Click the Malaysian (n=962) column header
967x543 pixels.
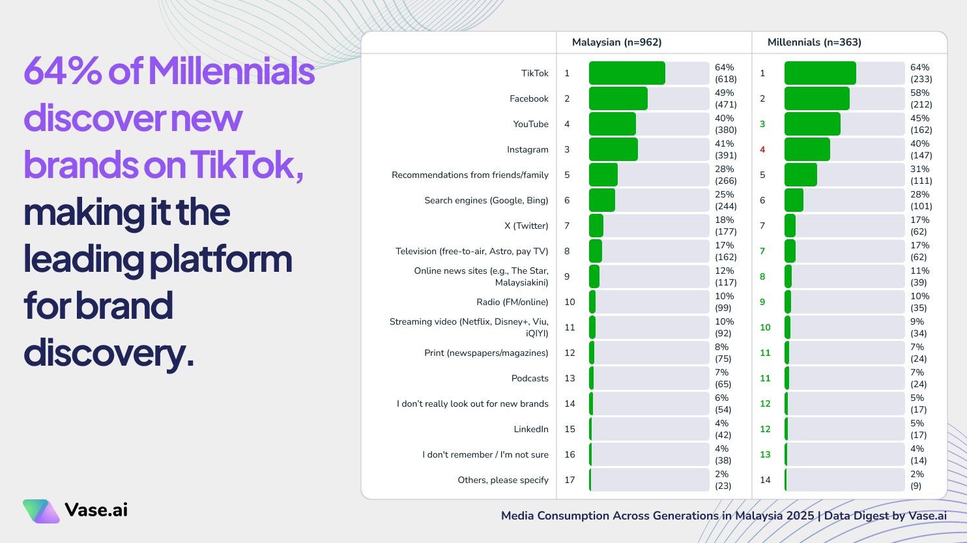pyautogui.click(x=616, y=42)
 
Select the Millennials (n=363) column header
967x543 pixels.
pyautogui.click(x=814, y=42)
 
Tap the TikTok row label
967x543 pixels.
pyautogui.click(x=534, y=73)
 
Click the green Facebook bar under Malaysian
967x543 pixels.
pyautogui.click(x=618, y=98)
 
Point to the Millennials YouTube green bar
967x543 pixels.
pyautogui.click(x=812, y=124)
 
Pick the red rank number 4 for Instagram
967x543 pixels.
pyautogui.click(x=762, y=149)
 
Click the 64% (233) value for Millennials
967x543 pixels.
pyautogui.click(x=921, y=73)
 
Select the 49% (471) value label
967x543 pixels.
pyautogui.click(x=725, y=98)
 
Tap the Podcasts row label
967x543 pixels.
pyautogui.click(x=530, y=378)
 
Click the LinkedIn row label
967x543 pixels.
pyautogui.click(x=531, y=429)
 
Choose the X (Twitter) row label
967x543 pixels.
pyautogui.click(x=526, y=226)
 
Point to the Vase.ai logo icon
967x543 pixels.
pyautogui.click(x=41, y=510)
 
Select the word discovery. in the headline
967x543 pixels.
pyautogui.click(x=109, y=353)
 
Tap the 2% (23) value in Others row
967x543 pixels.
pyautogui.click(x=723, y=480)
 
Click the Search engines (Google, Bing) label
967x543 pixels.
pyautogui.click(x=486, y=200)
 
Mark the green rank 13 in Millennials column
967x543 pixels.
pyautogui.click(x=765, y=454)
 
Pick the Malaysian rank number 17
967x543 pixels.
pyautogui.click(x=570, y=480)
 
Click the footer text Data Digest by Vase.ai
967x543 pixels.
pyautogui.click(x=885, y=516)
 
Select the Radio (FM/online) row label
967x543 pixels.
pyautogui.click(x=512, y=302)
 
